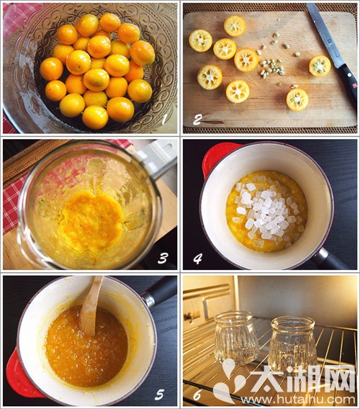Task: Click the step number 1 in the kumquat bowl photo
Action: [x=164, y=120]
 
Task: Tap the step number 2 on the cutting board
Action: [x=197, y=120]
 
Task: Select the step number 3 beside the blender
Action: [x=162, y=259]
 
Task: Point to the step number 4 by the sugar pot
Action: [x=197, y=259]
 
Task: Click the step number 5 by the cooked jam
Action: [x=159, y=395]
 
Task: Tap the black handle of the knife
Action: [x=348, y=83]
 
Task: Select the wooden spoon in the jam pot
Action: [x=90, y=307]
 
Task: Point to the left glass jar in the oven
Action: [x=236, y=338]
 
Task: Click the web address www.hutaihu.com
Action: [x=298, y=399]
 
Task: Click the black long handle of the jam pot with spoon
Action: [x=159, y=289]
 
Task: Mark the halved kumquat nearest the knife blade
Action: [x=320, y=66]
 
